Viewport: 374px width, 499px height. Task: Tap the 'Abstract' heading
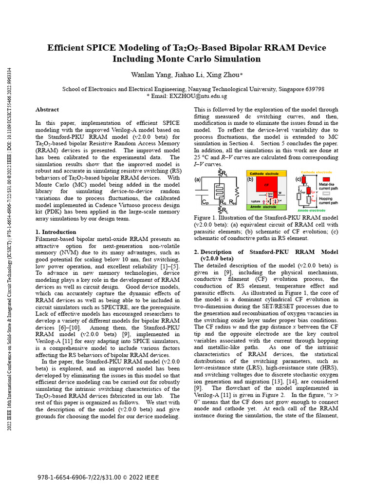pos(47,110)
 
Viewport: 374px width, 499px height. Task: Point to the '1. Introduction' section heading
pos(56,232)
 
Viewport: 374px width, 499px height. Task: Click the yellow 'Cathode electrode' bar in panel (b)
pos(266,173)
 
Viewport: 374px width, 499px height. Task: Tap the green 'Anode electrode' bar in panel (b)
pos(266,207)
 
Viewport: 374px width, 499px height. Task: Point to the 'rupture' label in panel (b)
pos(255,200)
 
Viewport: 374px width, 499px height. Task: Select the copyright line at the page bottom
pos(98,478)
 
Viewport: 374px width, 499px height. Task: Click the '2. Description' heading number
pos(197,252)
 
